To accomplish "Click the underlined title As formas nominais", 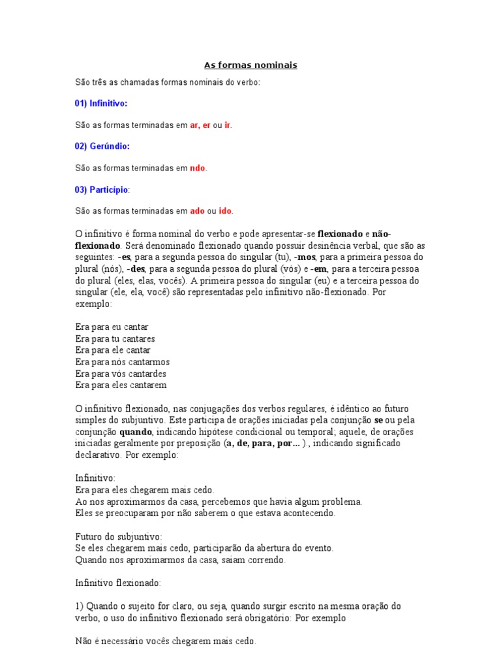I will pos(250,65).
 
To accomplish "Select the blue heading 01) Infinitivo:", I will pos(101,103).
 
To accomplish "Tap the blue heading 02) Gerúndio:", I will pos(102,146).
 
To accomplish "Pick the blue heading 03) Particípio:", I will pos(102,189).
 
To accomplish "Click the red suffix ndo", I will pos(198,168).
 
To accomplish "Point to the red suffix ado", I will pos(197,211).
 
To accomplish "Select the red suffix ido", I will pos(225,211).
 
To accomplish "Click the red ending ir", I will pos(228,125).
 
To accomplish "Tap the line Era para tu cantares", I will pos(115,339).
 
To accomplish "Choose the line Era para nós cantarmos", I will pos(123,362).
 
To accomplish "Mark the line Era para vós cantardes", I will pos(121,374).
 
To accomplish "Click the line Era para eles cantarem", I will pos(121,385).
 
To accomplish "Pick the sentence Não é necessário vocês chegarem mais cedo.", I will pos(166,642).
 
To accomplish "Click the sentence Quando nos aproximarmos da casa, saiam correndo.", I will pos(180,560).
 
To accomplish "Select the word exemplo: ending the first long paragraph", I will pos(93,304).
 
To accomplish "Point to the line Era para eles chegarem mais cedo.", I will pos(145,490).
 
